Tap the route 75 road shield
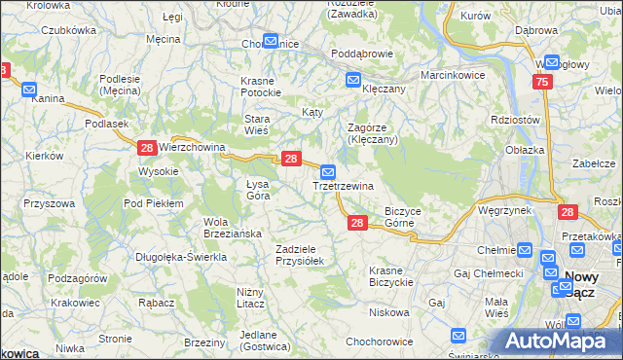(x=542, y=84)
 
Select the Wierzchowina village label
(x=192, y=148)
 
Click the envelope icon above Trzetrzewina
(x=328, y=171)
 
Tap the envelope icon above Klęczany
(x=352, y=80)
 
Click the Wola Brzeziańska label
(x=229, y=227)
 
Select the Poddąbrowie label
(x=361, y=54)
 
